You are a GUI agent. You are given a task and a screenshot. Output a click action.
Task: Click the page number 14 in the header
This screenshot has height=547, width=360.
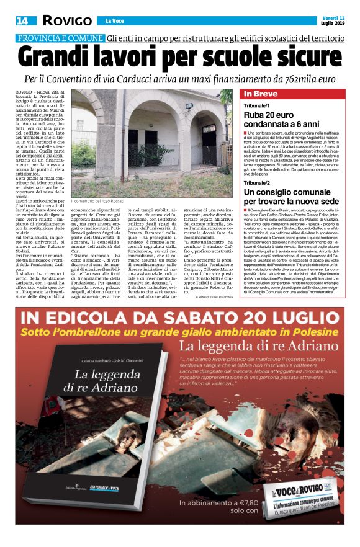(23, 21)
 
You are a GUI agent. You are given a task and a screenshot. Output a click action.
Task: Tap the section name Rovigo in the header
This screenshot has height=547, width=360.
(67, 21)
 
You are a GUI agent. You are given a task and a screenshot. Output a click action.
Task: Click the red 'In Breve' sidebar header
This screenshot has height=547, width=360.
(261, 94)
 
